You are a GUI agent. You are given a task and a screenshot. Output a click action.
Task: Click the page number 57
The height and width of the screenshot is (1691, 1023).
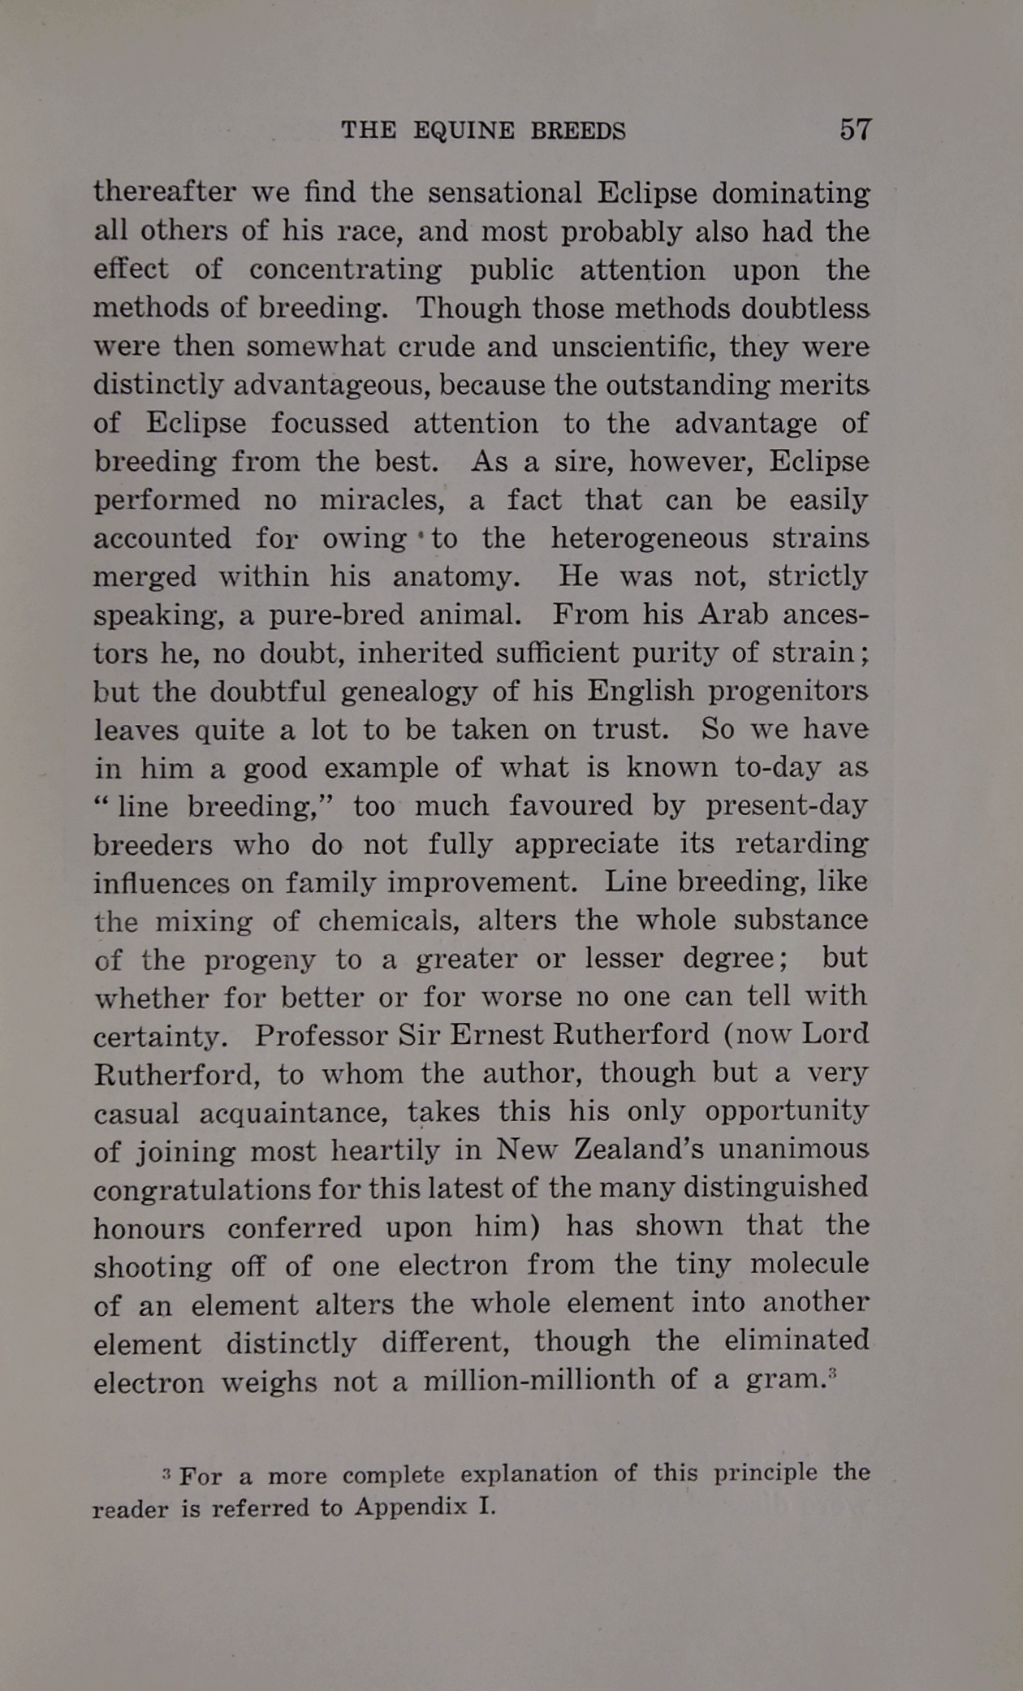[856, 130]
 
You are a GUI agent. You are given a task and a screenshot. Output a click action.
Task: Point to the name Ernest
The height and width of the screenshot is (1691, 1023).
[497, 1035]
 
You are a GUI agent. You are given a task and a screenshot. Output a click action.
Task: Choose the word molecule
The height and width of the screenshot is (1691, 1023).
[809, 1265]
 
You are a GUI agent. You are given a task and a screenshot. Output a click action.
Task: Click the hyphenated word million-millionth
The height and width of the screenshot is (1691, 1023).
[538, 1381]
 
